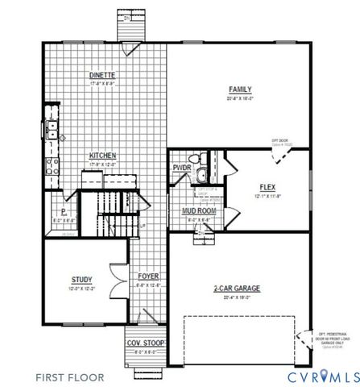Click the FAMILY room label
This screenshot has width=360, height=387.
(x=240, y=89)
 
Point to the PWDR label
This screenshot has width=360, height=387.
(x=180, y=169)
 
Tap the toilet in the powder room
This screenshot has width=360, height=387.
(x=193, y=159)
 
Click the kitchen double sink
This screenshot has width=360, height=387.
(x=51, y=127)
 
